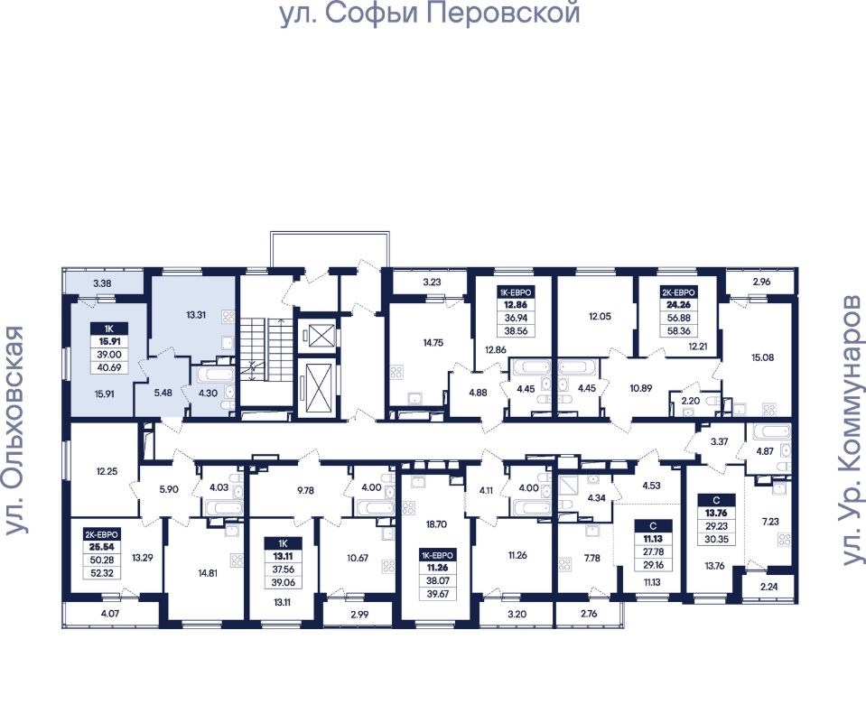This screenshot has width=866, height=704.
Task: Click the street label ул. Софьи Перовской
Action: coord(431,14)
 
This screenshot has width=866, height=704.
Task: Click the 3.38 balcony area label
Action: coord(103,284)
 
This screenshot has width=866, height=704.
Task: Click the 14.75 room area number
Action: coord(433,343)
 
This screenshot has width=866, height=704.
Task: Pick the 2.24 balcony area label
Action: coord(768,587)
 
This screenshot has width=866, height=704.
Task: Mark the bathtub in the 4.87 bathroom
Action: coord(768,432)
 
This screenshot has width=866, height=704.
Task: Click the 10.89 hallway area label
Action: coord(640,388)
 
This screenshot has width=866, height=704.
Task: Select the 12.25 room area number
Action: coord(107,471)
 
